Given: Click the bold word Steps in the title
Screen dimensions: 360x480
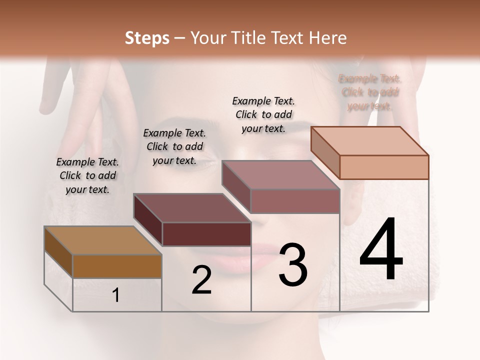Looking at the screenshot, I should point(147,38).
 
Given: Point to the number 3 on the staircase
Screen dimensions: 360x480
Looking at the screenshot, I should point(293,265).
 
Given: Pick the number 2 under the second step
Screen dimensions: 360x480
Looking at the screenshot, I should point(201,280).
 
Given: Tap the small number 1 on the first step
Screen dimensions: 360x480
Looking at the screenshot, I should point(116,295).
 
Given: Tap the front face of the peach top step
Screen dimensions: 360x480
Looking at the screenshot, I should point(384,167).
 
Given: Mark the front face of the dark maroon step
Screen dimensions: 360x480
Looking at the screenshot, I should point(206,234).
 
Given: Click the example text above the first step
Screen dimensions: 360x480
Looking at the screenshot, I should point(87,175).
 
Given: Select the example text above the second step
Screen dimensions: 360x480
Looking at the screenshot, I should point(174,146).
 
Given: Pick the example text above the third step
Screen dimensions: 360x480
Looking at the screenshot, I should point(263,114).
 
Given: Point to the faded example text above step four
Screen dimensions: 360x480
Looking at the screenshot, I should point(370,92).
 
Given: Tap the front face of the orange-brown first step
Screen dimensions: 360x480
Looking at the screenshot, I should point(117,266).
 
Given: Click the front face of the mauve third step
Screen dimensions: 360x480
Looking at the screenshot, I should point(295,201).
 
